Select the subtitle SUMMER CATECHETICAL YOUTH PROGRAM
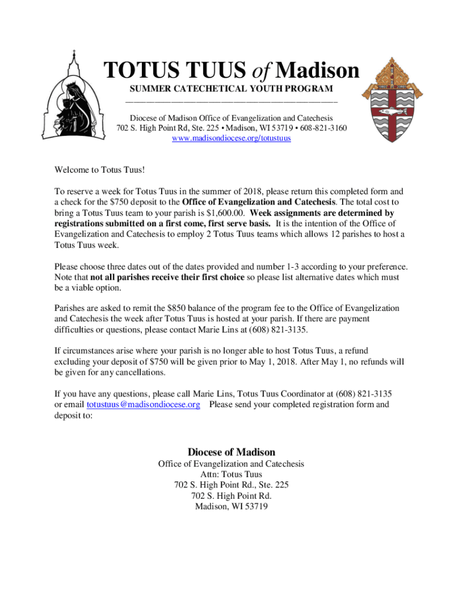tap(231, 90)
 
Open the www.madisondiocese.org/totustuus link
tap(231, 138)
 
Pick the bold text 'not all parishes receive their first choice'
tap(167, 277)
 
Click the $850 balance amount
tap(190, 308)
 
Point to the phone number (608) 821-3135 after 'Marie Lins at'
tap(282, 329)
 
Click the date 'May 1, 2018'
tap(273, 362)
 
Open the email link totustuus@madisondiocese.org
tap(143, 405)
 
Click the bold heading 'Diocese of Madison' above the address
tap(231, 452)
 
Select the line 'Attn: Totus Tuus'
tap(231, 475)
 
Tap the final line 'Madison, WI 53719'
tap(231, 507)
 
